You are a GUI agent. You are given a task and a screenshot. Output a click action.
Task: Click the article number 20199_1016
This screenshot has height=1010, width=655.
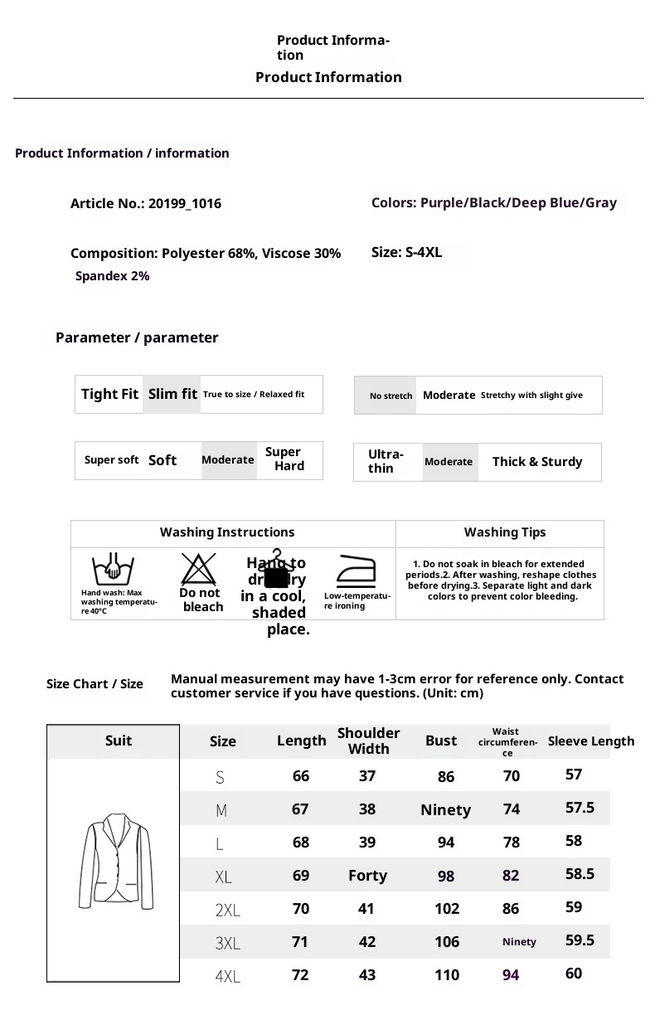184,204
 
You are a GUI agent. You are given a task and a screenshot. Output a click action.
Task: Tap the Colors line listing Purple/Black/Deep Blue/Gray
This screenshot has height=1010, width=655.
494,203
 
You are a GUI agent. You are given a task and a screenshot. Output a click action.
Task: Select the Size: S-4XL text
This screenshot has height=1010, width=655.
406,253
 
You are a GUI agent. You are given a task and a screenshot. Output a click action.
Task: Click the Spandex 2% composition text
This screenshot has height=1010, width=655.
113,276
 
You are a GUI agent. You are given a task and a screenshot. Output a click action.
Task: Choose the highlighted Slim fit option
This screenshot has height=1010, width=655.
172,395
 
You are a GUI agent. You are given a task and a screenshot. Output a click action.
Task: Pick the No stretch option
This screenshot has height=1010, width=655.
391,396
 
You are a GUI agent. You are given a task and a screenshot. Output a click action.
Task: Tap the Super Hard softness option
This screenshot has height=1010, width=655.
284,459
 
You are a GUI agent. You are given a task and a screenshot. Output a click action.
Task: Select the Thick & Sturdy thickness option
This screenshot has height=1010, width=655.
537,462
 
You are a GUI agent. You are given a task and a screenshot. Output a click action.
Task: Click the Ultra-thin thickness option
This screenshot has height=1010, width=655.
386,461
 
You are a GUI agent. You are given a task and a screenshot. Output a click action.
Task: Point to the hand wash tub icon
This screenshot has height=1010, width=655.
114,570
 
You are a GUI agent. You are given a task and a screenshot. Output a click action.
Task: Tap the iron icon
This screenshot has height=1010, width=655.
356,571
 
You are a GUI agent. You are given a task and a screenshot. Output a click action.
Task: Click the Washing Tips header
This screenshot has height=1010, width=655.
505,532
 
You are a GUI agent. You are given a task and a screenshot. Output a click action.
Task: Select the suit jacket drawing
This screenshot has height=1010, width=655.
116,862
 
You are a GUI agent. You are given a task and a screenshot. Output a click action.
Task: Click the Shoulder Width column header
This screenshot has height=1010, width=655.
368,741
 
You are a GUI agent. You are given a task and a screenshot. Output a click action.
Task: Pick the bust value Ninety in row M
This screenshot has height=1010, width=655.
445,810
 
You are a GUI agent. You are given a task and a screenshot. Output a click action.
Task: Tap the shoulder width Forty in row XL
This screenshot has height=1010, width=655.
367,876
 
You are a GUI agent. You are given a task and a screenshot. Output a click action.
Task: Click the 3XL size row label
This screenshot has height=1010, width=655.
227,944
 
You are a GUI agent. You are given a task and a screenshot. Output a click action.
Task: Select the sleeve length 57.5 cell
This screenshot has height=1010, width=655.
580,808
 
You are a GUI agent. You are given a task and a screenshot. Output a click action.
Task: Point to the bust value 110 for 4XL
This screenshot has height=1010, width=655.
447,975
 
